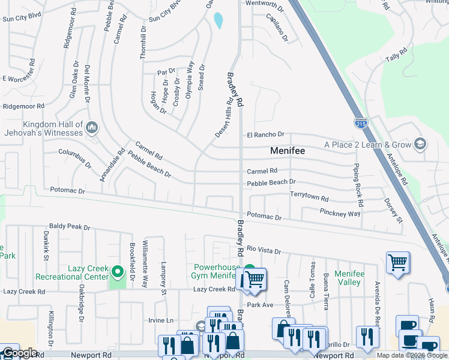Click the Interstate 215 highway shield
point(360,123)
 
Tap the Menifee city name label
point(288,151)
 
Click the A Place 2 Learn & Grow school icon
point(420,144)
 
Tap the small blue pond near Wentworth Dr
point(218,21)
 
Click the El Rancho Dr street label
point(265,135)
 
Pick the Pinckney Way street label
point(340,213)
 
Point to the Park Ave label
point(260,305)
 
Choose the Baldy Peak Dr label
point(70,227)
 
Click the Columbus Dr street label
point(75,159)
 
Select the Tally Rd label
point(393,58)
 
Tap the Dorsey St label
point(393,210)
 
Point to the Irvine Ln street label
point(161,320)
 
